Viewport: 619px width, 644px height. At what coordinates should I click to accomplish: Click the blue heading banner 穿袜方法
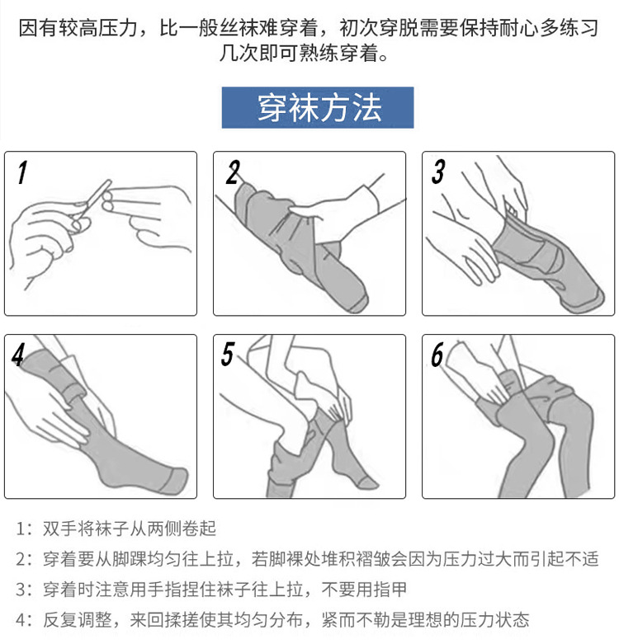pyautogui.click(x=318, y=108)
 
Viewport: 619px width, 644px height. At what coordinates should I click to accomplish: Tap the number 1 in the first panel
pyautogui.click(x=22, y=173)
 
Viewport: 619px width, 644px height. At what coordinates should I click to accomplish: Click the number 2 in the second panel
pyautogui.click(x=233, y=173)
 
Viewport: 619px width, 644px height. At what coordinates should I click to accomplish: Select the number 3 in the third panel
pyautogui.click(x=438, y=172)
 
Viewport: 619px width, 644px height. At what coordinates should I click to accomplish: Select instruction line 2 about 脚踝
pyautogui.click(x=314, y=559)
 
